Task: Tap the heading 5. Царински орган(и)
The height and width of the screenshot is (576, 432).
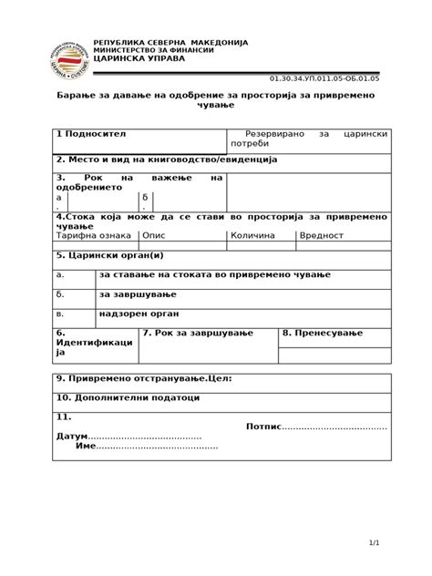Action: click(108, 256)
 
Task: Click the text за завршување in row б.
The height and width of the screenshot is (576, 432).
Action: click(137, 294)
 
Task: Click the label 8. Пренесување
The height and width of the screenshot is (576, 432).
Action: click(323, 334)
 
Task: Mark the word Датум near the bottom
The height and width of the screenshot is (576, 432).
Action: click(72, 437)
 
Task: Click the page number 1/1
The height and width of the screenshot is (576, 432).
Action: click(374, 543)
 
